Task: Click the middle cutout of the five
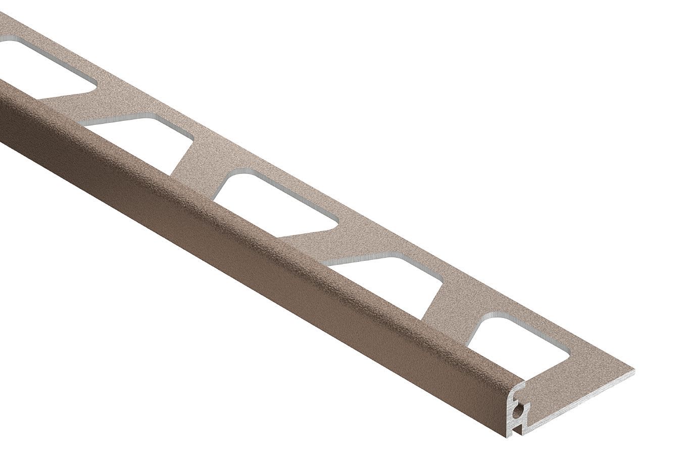[275, 202]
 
